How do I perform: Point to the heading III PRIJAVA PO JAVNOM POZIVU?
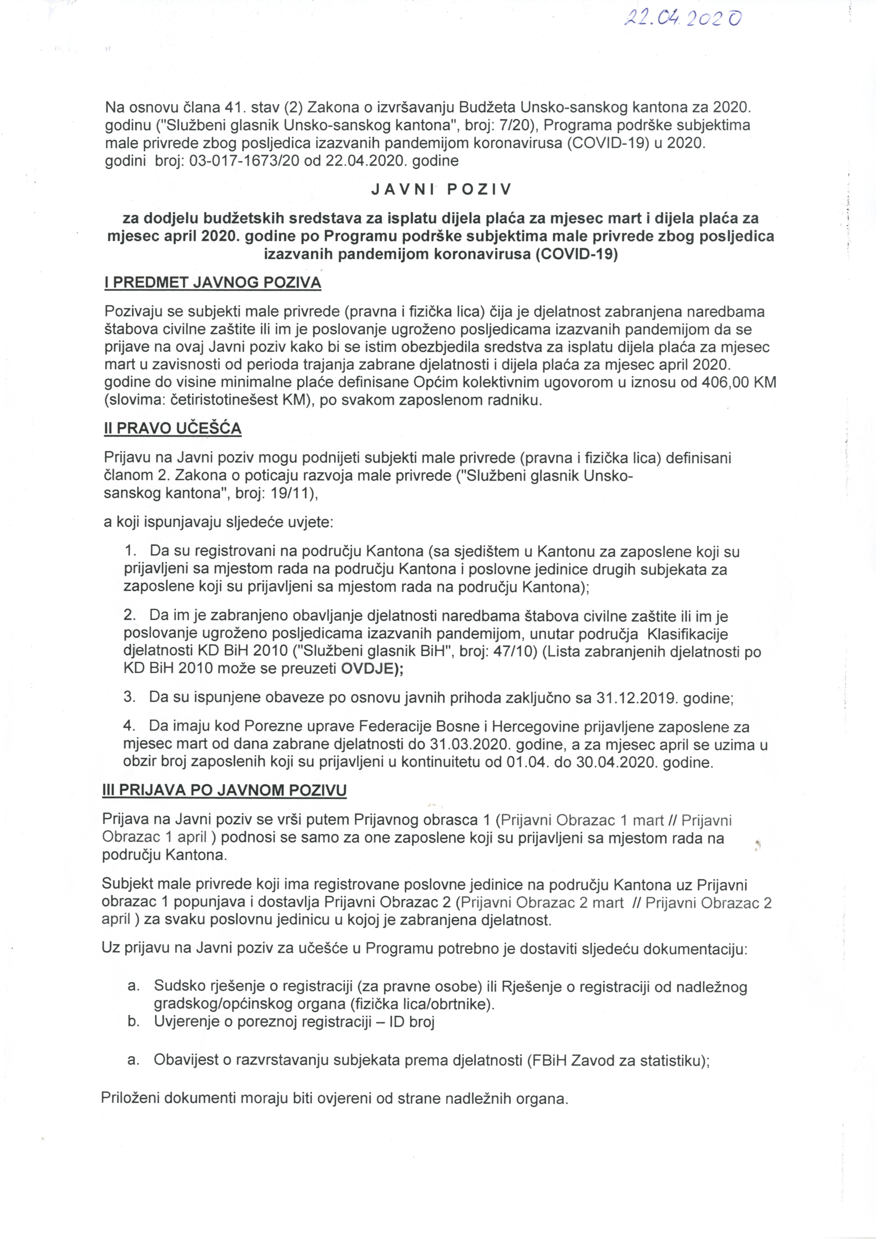pos(224,791)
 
